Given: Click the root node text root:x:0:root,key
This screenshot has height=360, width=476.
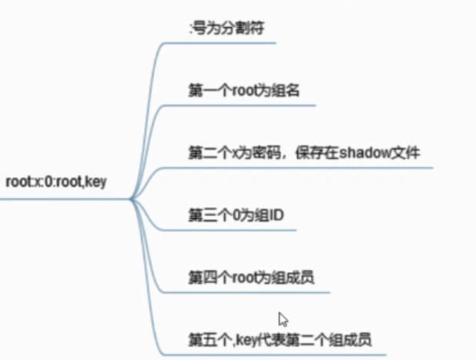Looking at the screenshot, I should (55, 183).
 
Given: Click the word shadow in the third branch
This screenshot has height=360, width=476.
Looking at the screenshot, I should (362, 152).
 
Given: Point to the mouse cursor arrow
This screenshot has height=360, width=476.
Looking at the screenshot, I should (283, 318).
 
